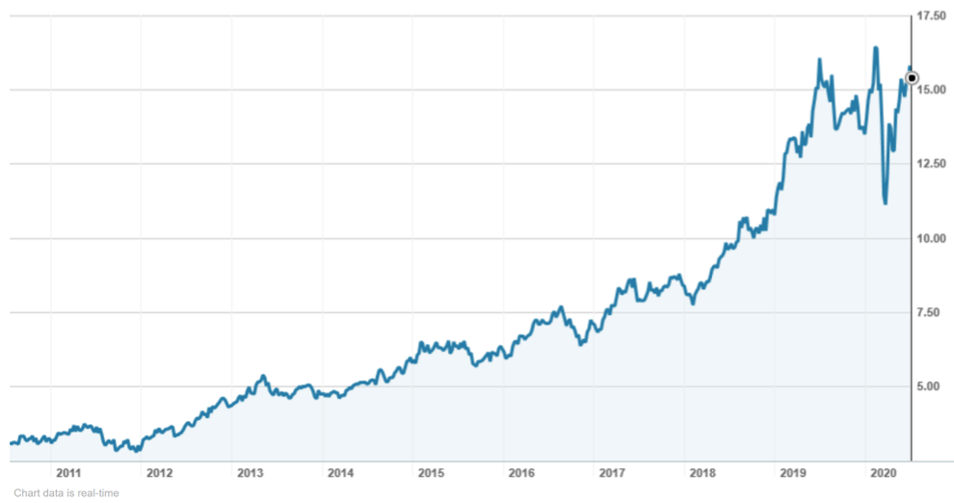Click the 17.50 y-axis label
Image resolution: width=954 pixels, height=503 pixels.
click(930, 16)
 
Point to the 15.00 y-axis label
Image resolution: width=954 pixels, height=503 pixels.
click(930, 90)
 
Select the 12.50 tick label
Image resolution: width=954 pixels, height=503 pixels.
click(930, 164)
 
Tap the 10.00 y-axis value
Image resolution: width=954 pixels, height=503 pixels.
click(930, 238)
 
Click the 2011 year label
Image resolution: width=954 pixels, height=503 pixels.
click(68, 473)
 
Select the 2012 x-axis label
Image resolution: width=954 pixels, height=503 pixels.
click(159, 473)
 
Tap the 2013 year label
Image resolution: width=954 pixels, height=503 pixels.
click(250, 473)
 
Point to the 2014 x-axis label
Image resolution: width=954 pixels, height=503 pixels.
click(340, 473)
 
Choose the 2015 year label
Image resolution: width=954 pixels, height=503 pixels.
click(431, 473)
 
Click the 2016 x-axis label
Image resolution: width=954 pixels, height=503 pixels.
click(521, 473)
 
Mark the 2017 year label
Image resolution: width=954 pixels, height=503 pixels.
click(613, 473)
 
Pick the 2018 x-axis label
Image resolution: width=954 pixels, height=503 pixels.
click(703, 473)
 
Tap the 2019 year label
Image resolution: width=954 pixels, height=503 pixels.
click(793, 473)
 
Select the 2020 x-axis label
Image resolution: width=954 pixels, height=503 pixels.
click(884, 473)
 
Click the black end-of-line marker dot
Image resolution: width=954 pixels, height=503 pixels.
click(913, 78)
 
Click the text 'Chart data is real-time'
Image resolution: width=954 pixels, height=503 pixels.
click(66, 493)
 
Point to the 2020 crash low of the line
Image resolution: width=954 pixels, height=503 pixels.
click(885, 202)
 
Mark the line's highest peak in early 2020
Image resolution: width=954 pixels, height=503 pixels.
click(875, 47)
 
